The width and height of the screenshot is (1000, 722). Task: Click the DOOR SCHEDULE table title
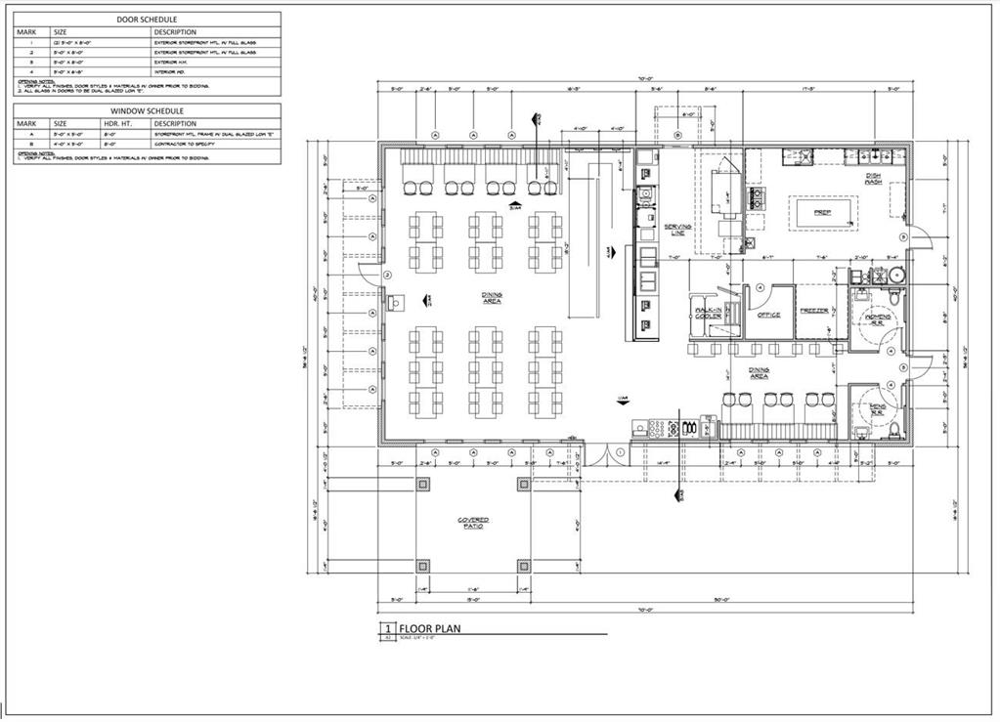[147, 19]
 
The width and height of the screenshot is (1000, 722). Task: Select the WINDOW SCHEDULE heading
[147, 111]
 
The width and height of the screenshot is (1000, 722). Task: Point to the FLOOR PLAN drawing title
[430, 628]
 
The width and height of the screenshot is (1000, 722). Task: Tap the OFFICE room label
[767, 316]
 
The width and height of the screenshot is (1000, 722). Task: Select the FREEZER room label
[813, 312]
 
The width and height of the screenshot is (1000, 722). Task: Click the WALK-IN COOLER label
[708, 314]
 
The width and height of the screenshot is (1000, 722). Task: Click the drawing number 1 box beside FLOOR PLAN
[387, 628]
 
